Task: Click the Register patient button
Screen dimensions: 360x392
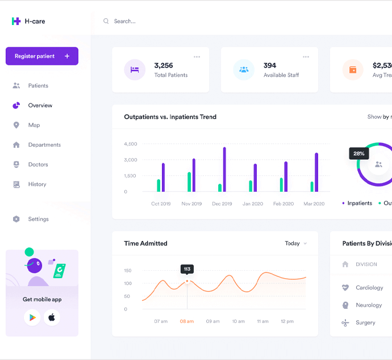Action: [42, 56]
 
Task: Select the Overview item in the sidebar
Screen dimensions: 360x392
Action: [40, 105]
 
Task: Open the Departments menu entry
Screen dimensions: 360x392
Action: [44, 144]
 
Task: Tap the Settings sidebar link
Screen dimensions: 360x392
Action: [38, 219]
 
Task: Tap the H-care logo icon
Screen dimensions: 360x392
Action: [16, 21]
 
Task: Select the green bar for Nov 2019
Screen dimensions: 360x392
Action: [189, 181]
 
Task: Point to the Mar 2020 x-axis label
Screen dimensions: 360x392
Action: [314, 204]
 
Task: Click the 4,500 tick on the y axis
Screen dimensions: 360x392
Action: [130, 144]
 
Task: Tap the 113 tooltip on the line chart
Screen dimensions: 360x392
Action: [187, 269]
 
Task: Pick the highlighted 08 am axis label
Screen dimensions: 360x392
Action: [186, 321]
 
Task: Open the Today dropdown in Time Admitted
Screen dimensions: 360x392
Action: [295, 243]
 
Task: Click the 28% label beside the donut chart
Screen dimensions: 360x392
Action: [359, 154]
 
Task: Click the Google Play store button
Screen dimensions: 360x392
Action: [32, 317]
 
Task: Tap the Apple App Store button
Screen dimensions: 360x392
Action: [52, 317]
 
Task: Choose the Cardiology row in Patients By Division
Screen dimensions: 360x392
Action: [369, 288]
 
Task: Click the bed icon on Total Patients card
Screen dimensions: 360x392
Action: [135, 70]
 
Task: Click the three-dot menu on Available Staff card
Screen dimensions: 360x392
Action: [306, 57]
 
